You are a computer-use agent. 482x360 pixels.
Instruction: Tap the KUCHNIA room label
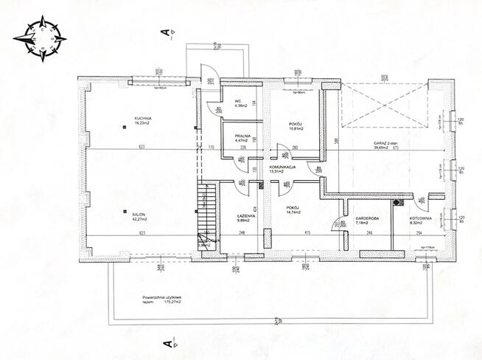pyautogui.click(x=142, y=121)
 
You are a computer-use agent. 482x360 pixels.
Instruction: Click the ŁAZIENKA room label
pyautogui.click(x=245, y=217)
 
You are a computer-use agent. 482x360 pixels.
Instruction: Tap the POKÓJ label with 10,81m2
pyautogui.click(x=296, y=125)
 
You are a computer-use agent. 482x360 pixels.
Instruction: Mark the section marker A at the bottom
pyautogui.click(x=168, y=343)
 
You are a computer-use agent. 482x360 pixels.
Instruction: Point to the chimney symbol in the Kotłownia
pyautogui.click(x=399, y=202)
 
